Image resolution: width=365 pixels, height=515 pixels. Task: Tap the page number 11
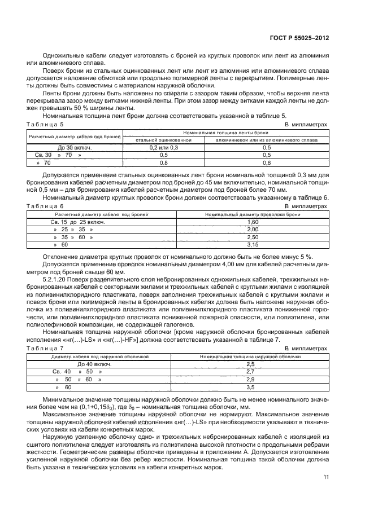tap(326, 477)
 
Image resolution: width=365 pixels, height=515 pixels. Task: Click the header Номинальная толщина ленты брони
tap(225, 131)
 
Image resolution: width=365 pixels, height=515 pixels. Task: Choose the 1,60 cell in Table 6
tap(253, 222)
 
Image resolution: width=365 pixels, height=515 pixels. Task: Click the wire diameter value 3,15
tap(253, 245)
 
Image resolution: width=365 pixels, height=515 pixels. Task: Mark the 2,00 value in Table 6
tap(253, 230)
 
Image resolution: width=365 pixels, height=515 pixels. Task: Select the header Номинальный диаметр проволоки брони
tap(253, 215)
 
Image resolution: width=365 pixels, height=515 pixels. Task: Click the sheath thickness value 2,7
tap(251, 372)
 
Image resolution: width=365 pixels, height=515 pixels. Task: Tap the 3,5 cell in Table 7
tap(251, 388)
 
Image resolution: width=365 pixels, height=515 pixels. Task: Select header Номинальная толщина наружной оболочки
tap(251, 357)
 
